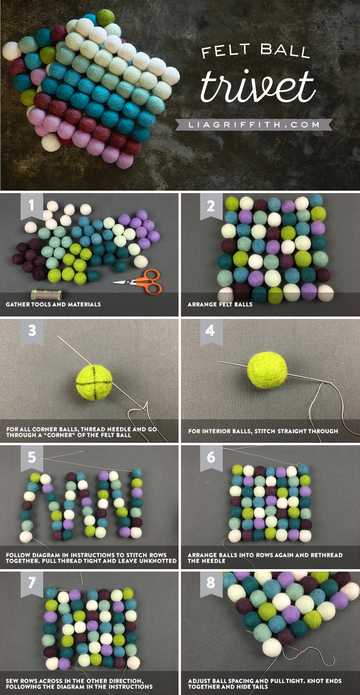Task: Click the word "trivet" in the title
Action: (257, 87)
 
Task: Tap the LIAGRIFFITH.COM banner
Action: (254, 125)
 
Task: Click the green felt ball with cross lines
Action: (94, 381)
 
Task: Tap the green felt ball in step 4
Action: (267, 370)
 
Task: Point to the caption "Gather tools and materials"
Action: (53, 305)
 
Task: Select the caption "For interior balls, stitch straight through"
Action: (263, 431)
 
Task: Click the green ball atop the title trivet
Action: (106, 18)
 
